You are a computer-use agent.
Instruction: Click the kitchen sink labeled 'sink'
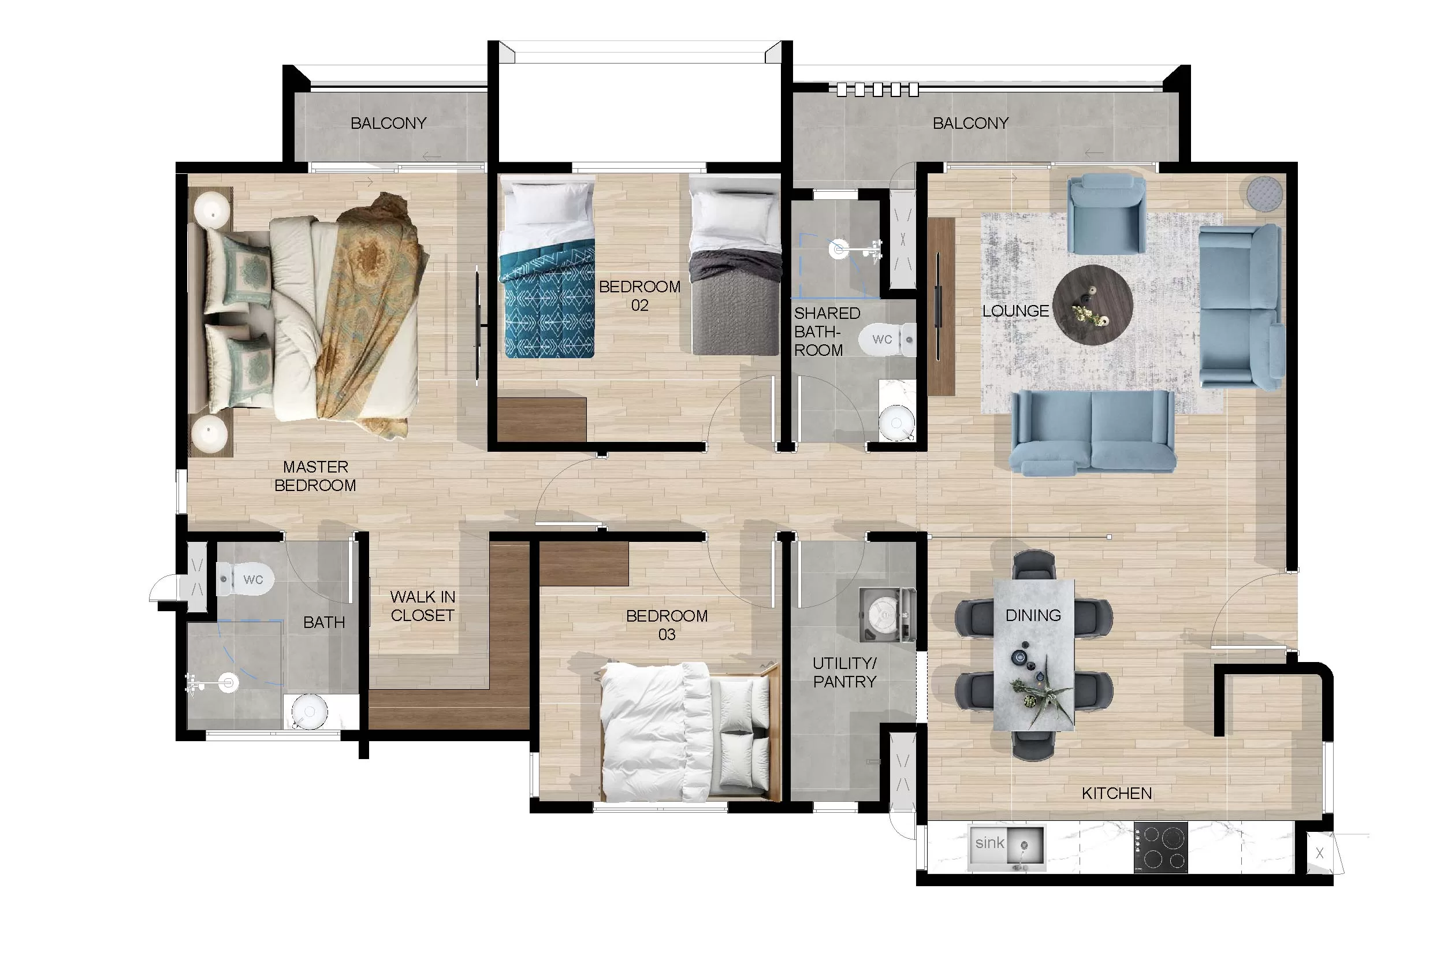[1007, 848]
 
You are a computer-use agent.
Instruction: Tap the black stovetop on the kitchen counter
[1160, 847]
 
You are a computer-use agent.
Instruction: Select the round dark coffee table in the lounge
[1092, 304]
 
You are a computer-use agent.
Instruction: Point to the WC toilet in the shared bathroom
[887, 339]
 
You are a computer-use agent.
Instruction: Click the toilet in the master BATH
[245, 579]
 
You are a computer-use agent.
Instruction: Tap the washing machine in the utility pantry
[887, 615]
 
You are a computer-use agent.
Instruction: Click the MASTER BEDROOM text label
[315, 476]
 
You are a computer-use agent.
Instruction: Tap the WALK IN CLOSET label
[422, 605]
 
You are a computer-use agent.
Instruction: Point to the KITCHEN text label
[1116, 794]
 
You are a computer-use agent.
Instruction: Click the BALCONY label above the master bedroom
[388, 124]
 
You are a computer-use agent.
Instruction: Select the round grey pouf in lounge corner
[1265, 193]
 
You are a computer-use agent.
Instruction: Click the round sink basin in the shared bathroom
[896, 422]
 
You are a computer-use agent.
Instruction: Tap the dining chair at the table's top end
[1034, 566]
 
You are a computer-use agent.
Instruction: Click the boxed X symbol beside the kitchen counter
[1319, 853]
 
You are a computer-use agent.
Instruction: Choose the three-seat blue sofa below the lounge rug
[1093, 434]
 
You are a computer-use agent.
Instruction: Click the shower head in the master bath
[229, 682]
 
